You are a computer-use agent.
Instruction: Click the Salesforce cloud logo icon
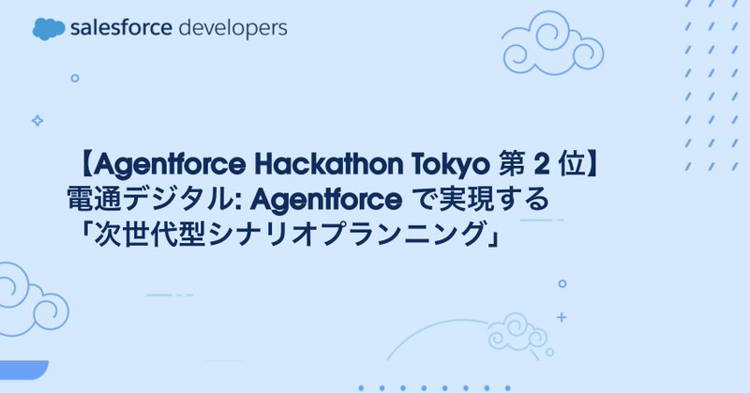click(48, 29)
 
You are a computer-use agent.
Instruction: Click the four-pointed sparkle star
click(37, 120)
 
